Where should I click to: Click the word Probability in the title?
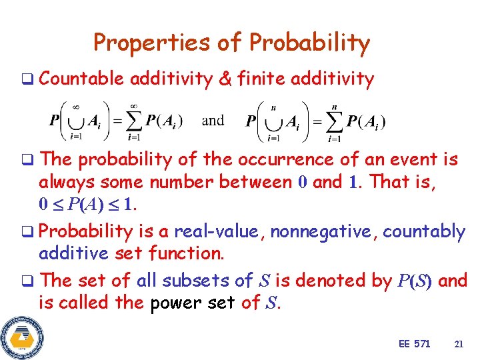tap(309, 43)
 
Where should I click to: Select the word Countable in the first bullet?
tap(81, 79)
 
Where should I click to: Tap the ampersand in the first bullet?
tap(225, 79)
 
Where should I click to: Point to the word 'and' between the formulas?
tap(213, 121)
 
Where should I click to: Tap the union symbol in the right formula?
tap(273, 122)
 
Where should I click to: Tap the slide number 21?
tap(458, 344)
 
